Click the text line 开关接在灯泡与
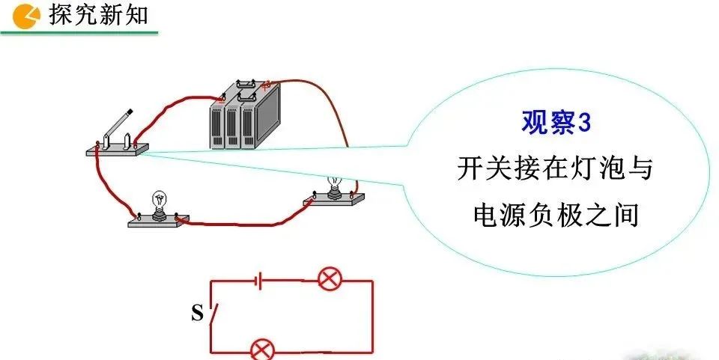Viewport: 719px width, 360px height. (555, 169)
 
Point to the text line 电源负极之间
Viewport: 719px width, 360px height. (555, 216)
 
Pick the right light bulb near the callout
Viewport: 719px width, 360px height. (334, 182)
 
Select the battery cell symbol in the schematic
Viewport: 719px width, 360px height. (258, 281)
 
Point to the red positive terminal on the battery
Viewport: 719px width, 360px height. (264, 85)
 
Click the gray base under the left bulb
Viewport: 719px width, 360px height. (158, 220)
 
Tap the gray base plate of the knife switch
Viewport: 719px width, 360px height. (117, 150)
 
